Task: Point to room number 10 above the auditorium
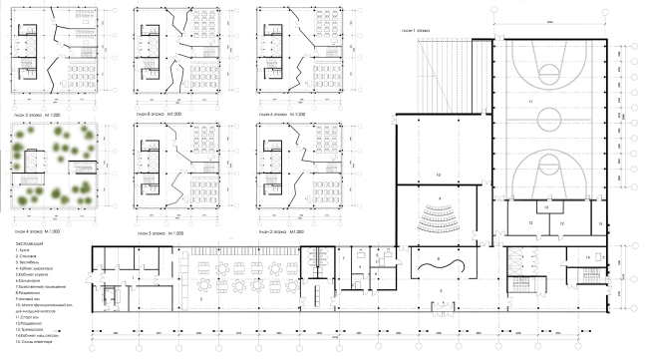437,174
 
